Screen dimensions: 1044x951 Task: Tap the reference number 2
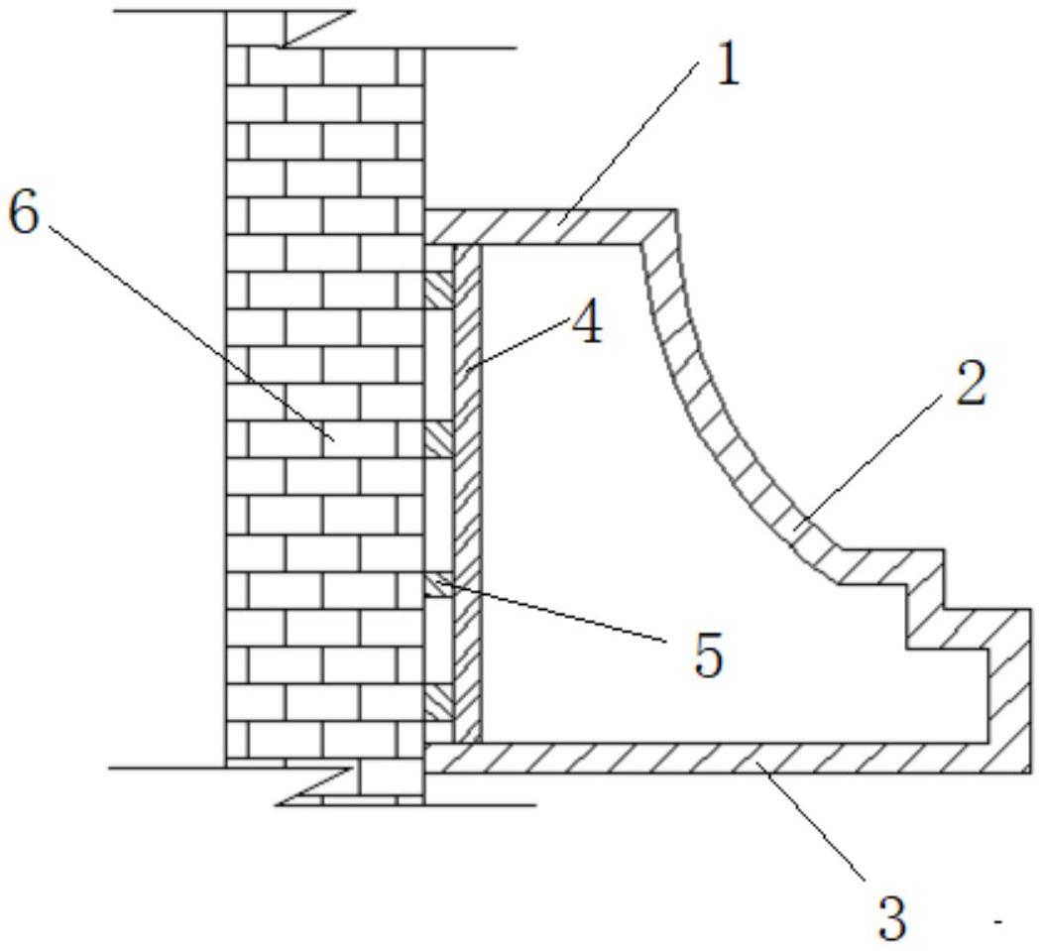[x=970, y=383]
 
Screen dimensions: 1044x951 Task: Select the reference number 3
[x=892, y=917]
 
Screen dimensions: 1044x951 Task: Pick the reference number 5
[x=708, y=654]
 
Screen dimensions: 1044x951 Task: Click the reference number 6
[x=25, y=214]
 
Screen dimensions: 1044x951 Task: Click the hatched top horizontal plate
[x=550, y=228]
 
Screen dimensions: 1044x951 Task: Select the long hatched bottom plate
[x=727, y=758]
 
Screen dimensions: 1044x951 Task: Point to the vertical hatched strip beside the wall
[x=467, y=494]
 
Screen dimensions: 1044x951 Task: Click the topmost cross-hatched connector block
[x=439, y=290]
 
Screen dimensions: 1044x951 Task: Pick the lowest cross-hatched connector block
[x=439, y=702]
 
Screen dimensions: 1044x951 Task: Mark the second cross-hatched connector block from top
[x=439, y=439]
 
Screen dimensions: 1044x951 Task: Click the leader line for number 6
[x=191, y=333]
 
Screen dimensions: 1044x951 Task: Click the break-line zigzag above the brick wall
[x=316, y=29]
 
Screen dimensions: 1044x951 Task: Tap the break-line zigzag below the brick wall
[x=316, y=786]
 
